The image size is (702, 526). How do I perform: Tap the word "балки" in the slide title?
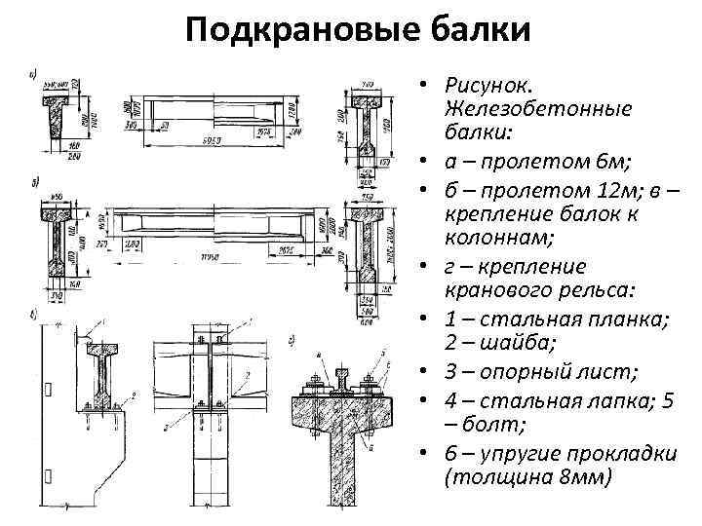tap(481, 32)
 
